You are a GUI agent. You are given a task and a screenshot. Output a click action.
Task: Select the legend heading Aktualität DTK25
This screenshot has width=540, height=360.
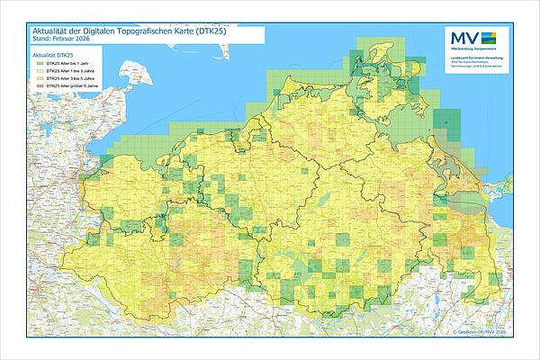coord(52,56)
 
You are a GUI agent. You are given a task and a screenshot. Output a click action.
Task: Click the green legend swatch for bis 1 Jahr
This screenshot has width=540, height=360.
coord(37,64)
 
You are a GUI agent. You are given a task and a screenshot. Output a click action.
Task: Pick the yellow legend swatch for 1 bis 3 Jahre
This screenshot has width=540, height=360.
coord(37,71)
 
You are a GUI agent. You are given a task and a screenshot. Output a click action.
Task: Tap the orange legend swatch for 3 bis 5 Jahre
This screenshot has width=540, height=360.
coord(37,78)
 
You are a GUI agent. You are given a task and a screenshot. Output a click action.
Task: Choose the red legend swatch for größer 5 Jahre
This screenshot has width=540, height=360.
coord(37,85)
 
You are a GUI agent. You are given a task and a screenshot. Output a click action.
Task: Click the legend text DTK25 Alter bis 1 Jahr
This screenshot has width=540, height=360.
coord(66,64)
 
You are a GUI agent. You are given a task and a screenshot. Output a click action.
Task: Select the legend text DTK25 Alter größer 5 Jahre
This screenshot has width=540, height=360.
coord(70,85)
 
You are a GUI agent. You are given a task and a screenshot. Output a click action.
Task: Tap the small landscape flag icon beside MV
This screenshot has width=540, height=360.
coord(489,38)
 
